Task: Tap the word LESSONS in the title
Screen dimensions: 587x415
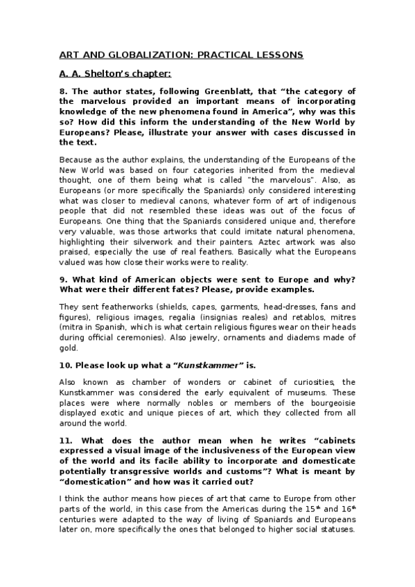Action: tap(280, 54)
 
